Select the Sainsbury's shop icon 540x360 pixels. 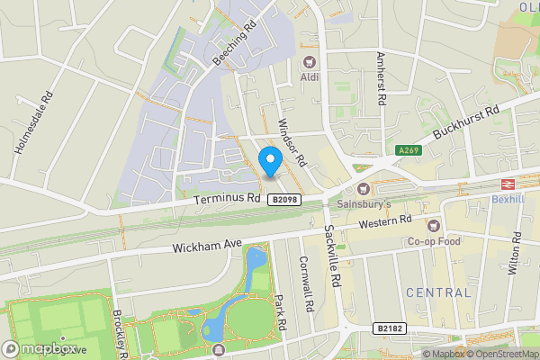pyautogui.click(x=363, y=189)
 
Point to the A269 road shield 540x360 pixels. pyautogui.click(x=409, y=150)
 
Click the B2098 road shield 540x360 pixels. pyautogui.click(x=283, y=199)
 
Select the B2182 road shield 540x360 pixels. pyautogui.click(x=390, y=329)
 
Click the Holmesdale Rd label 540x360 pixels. pyautogui.click(x=34, y=121)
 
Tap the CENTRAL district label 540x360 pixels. pyautogui.click(x=438, y=292)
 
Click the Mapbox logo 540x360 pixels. pyautogui.click(x=40, y=347)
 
